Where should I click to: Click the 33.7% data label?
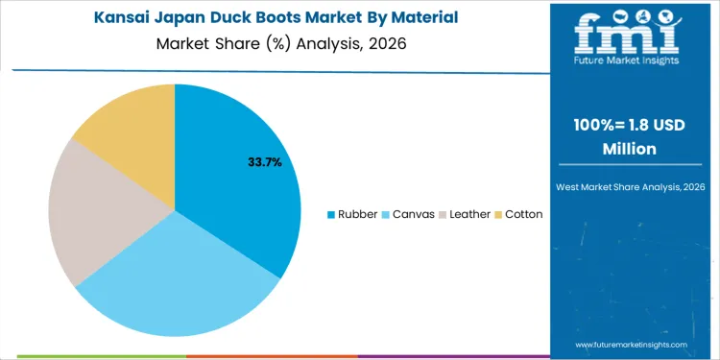265,162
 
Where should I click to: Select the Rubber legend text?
357,214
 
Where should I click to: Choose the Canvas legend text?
411,214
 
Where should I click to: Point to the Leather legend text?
469,214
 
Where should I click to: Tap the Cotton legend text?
524,214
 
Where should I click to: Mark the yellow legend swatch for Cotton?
498,214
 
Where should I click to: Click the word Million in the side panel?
630,149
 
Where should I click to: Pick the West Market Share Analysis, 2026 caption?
630,186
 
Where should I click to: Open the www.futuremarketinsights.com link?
631,344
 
